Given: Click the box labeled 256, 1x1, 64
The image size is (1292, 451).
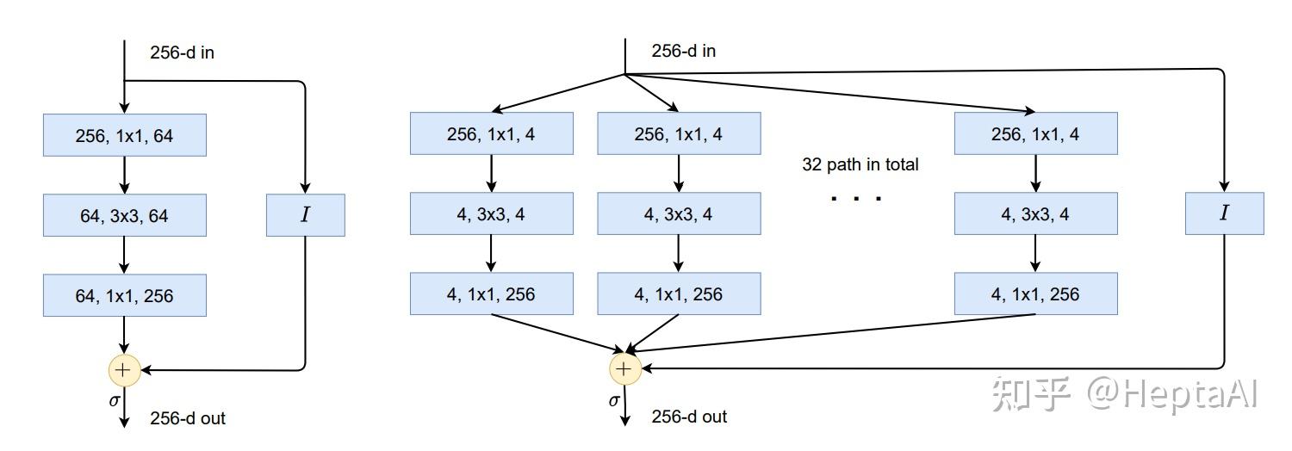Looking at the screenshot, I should click(125, 135).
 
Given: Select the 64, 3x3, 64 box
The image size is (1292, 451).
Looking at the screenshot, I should click(125, 215).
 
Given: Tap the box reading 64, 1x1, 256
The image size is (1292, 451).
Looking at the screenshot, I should click(125, 296).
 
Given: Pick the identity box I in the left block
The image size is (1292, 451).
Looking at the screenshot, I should click(305, 215).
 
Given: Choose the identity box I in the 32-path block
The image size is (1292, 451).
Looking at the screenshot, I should click(1224, 213).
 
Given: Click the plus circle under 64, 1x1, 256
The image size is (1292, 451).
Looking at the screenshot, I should click(124, 370).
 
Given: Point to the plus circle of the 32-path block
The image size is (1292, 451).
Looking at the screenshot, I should click(624, 369).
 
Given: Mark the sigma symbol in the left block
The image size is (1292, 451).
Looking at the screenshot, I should click(114, 400).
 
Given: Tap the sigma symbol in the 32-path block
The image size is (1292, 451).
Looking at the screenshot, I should click(614, 400).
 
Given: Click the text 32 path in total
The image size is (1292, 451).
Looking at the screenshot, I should click(860, 164).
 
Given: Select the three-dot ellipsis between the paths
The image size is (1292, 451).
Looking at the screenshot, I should click(856, 199).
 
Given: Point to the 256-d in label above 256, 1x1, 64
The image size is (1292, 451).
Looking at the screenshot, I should click(182, 53).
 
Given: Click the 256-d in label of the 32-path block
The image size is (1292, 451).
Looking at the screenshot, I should click(683, 51).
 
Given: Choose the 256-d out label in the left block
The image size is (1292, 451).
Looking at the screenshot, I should click(188, 418).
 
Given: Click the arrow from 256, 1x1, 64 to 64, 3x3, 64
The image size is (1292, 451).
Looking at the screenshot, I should click(125, 175).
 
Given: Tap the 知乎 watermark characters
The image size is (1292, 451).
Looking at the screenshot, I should click(1031, 394).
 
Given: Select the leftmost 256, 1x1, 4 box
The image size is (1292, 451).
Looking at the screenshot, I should click(491, 134).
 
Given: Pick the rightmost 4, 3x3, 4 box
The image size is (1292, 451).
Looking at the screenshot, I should click(1035, 213).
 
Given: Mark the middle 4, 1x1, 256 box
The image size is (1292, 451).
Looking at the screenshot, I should click(679, 294).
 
